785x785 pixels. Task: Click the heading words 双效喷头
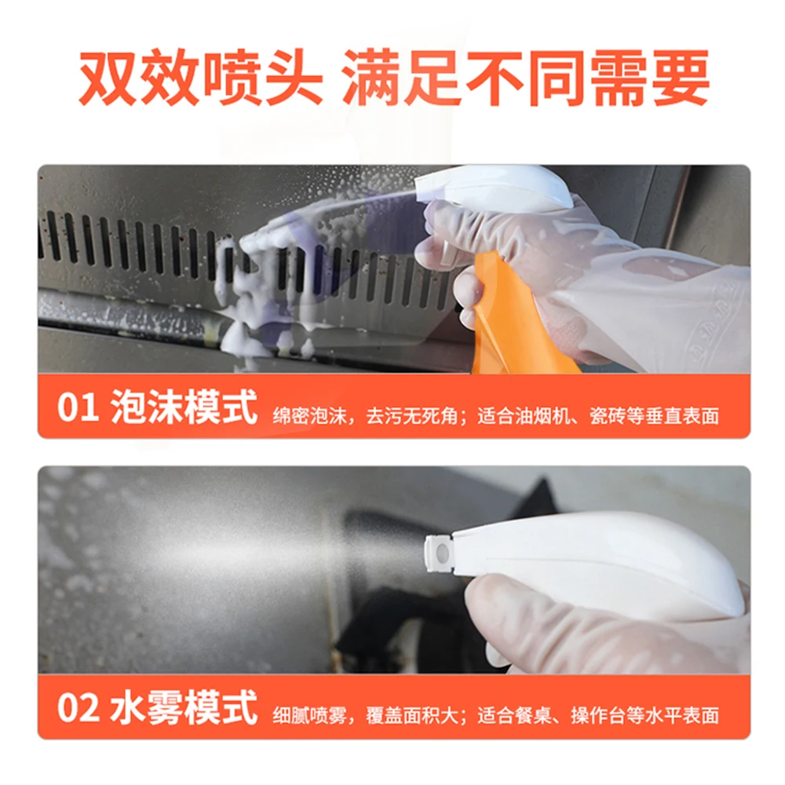(200, 78)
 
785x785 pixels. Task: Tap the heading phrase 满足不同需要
(525, 78)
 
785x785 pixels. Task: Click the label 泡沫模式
(184, 410)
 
